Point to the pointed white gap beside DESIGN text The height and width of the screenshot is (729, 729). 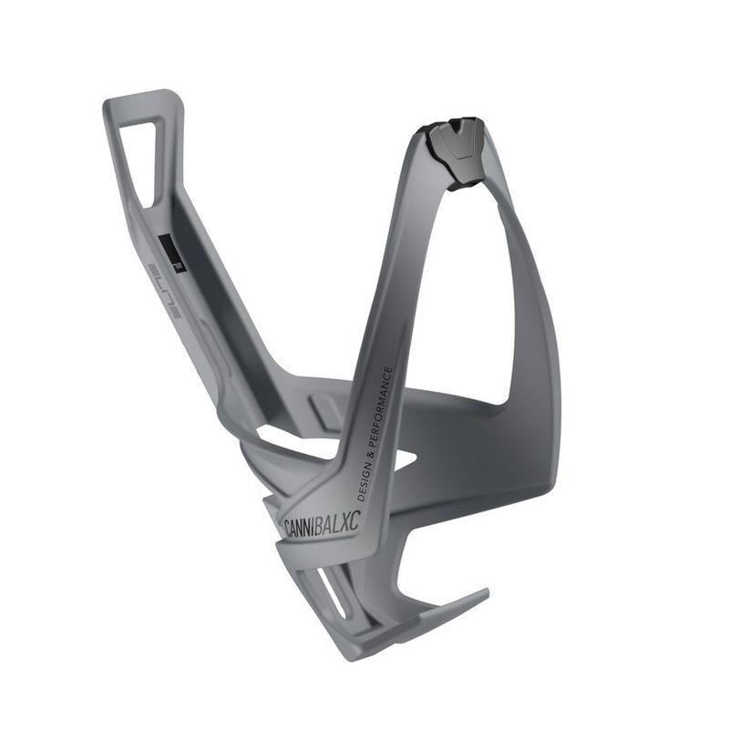401,460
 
